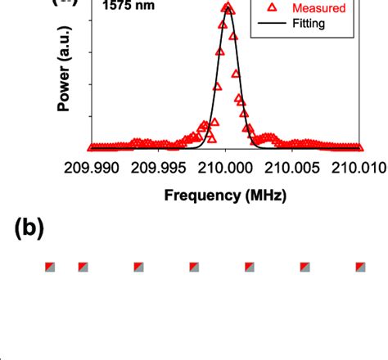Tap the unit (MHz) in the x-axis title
(x=264, y=196)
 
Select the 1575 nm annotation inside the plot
(x=124, y=5)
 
